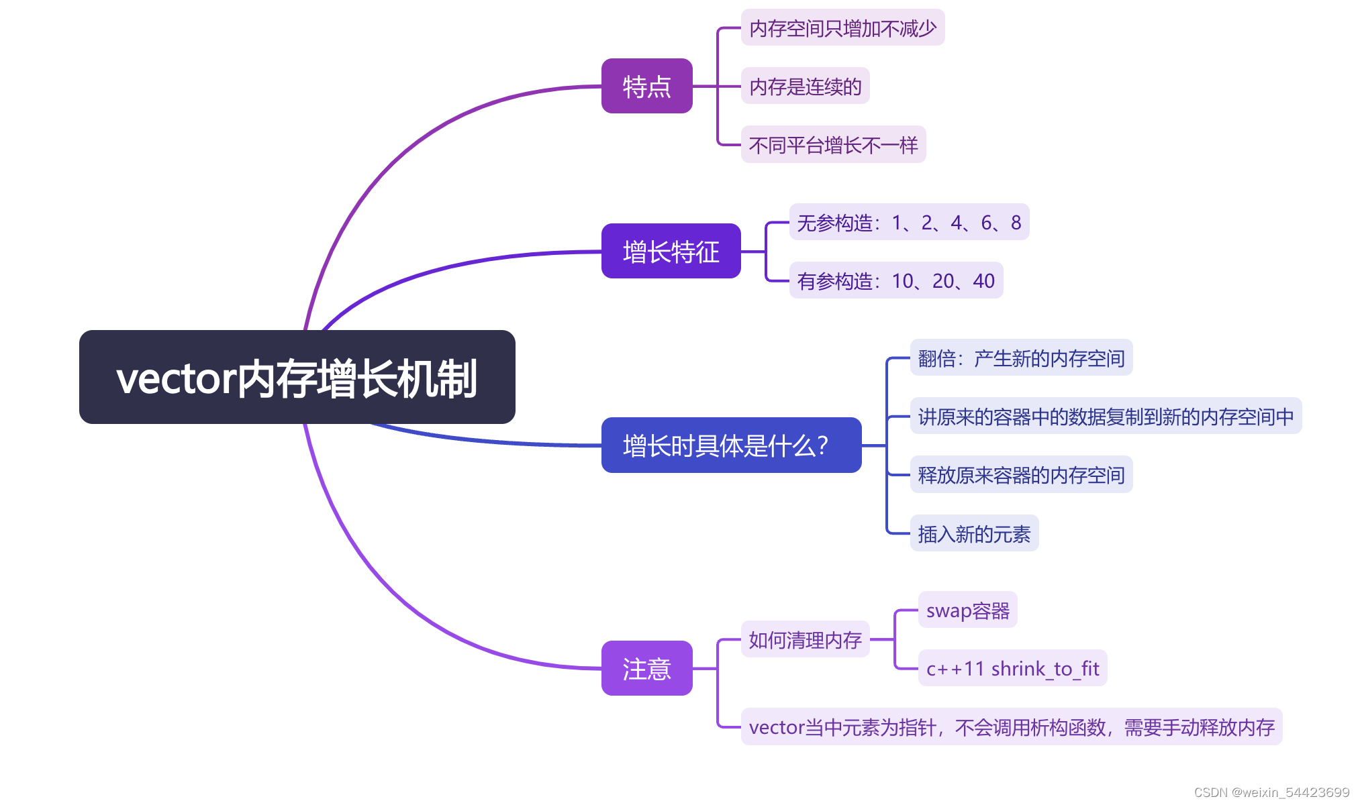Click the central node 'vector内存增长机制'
(x=297, y=377)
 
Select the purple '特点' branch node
(x=646, y=87)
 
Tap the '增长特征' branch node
(x=671, y=252)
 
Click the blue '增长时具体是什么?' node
(x=730, y=445)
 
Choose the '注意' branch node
(x=646, y=668)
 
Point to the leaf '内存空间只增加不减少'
(x=842, y=28)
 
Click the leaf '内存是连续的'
(x=805, y=87)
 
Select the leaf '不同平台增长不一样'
(x=833, y=145)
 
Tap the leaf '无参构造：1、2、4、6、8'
(x=909, y=222)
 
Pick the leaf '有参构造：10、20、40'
(x=895, y=280)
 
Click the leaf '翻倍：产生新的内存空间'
(x=1020, y=358)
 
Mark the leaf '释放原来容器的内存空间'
(x=1020, y=475)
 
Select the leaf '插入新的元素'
(x=974, y=534)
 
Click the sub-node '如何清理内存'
(x=805, y=639)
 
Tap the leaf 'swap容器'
(x=967, y=610)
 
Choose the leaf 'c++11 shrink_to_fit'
(x=1012, y=668)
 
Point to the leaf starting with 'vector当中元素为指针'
(x=1011, y=727)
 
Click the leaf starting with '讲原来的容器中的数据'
(x=1106, y=417)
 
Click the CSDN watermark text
(x=1271, y=792)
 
